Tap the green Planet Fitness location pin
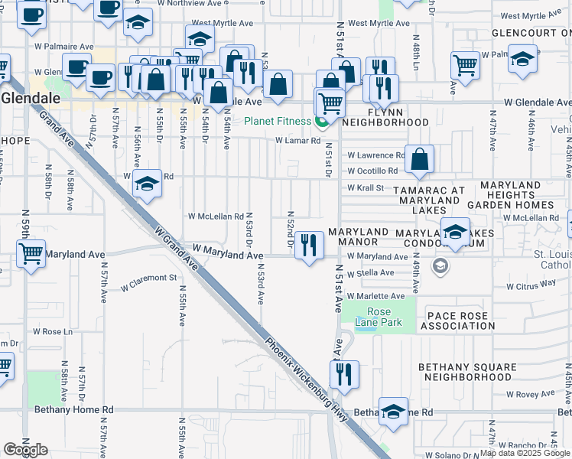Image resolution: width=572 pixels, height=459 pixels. [x=322, y=121]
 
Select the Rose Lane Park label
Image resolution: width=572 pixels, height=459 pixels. [x=379, y=317]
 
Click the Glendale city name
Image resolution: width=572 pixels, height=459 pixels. [x=24, y=98]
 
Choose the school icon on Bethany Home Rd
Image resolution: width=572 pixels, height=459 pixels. [x=394, y=411]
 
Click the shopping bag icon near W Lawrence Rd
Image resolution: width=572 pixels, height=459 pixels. [x=420, y=160]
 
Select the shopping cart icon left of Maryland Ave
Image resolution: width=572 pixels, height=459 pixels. [x=30, y=252]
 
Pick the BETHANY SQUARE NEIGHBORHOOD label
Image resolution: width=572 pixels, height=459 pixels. [x=466, y=372]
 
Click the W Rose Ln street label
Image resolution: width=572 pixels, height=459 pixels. [x=52, y=331]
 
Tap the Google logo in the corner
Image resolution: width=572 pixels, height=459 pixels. [x=25, y=450]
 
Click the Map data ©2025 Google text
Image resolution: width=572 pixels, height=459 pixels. [x=525, y=453]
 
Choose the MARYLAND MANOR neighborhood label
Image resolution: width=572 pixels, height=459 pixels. [x=358, y=237]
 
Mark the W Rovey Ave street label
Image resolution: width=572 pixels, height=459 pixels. [x=535, y=394]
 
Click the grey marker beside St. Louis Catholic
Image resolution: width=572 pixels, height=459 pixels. [x=440, y=265]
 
